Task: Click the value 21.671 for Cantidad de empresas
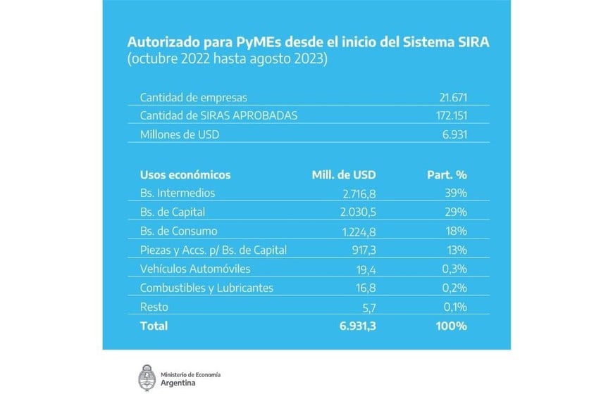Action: click(x=453, y=96)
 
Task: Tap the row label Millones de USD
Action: click(x=179, y=134)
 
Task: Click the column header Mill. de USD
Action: click(x=344, y=174)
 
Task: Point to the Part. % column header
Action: click(x=447, y=174)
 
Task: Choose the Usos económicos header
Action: click(x=185, y=174)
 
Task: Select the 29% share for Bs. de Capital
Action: click(x=456, y=212)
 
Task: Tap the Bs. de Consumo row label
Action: click(x=178, y=231)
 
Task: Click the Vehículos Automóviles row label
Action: click(x=195, y=269)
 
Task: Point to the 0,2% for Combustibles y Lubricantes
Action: click(x=453, y=288)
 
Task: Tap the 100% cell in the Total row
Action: click(x=451, y=326)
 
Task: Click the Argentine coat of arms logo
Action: click(x=147, y=377)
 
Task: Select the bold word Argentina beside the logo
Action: click(x=179, y=383)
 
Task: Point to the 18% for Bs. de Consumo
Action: click(x=456, y=231)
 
